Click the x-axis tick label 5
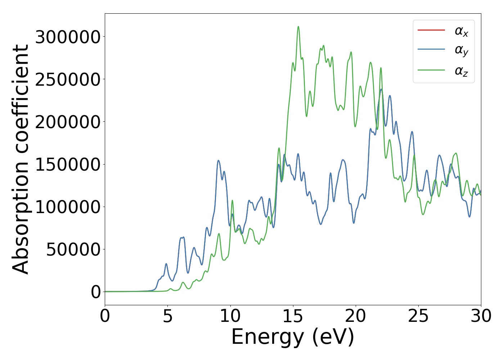167,316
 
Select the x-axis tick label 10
230,316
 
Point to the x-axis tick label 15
293,316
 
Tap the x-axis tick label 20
356,316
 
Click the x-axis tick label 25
418,316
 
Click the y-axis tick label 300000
68,37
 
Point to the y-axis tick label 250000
68,79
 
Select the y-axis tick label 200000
68,122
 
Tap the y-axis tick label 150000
68,164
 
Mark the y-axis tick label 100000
68,207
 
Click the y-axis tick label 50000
73,249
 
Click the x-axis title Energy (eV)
293,337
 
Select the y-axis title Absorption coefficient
21,159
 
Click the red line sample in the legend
431,30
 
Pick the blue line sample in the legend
431,50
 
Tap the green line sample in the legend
431,70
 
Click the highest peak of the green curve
298,27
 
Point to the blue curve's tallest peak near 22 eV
381,89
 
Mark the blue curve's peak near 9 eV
218,161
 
